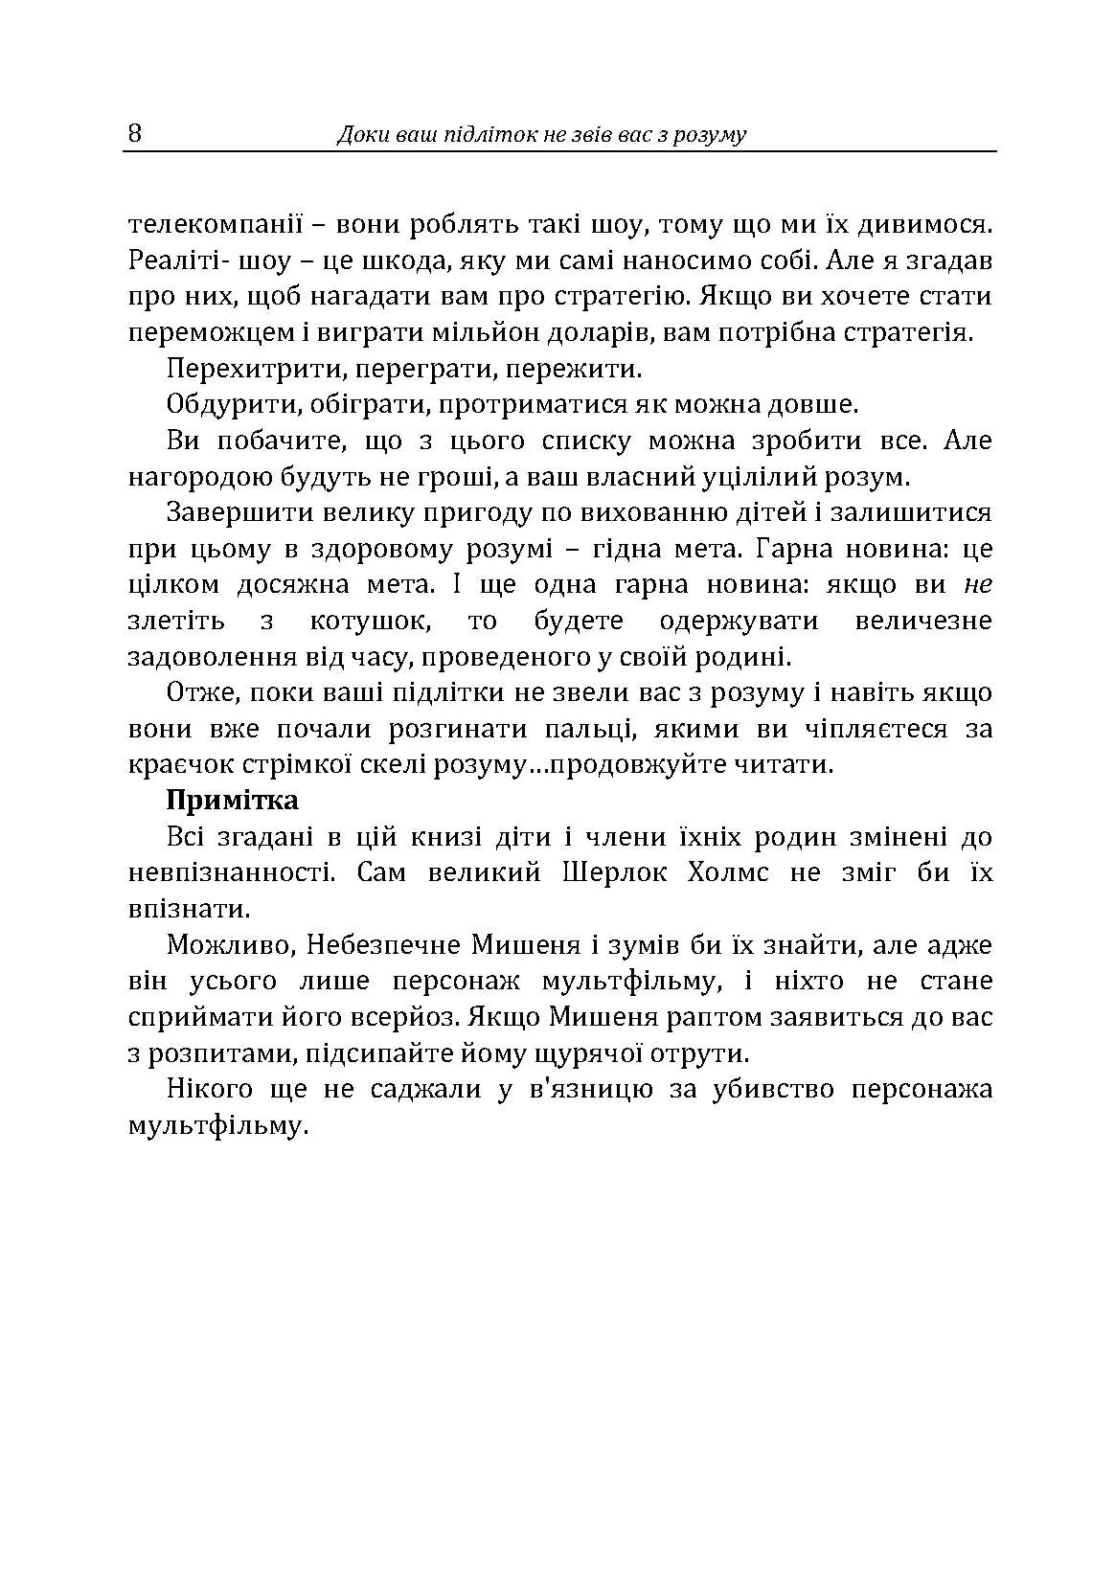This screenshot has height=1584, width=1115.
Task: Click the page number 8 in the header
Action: [x=134, y=133]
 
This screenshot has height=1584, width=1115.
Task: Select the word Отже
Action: [x=195, y=692]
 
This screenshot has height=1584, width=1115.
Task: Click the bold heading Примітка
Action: [x=232, y=800]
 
